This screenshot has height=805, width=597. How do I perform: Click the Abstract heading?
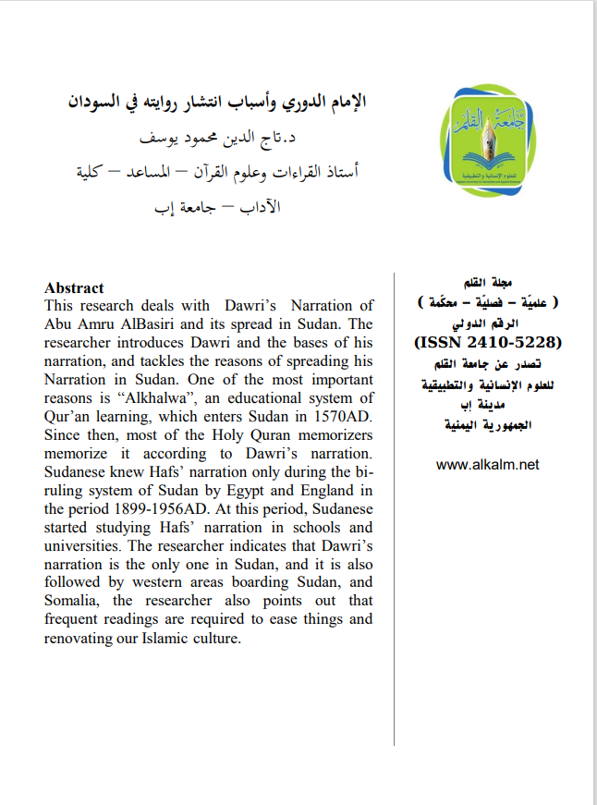click(x=74, y=288)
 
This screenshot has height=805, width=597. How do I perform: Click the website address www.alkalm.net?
click(x=487, y=465)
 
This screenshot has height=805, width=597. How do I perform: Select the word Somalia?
click(x=75, y=602)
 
